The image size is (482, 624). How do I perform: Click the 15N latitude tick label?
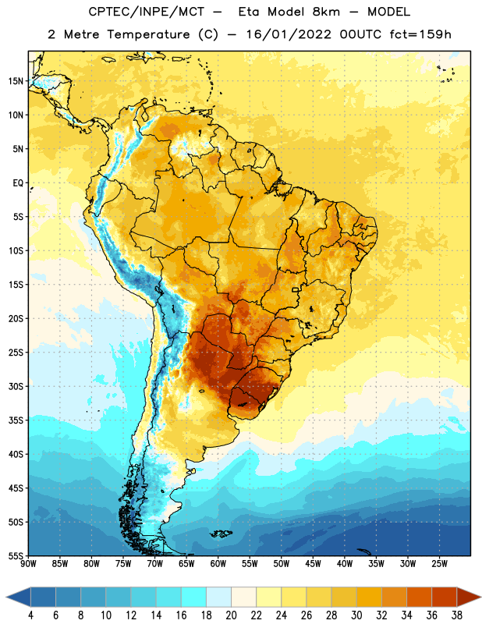[16, 81]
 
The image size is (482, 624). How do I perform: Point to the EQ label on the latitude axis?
[18, 183]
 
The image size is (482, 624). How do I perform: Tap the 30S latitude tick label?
[16, 386]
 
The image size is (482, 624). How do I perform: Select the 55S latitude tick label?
[16, 556]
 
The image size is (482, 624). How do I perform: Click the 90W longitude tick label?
[28, 564]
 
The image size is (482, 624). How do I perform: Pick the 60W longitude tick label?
[218, 564]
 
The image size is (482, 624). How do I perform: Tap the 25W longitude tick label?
[439, 564]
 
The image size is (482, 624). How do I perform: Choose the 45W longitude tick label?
[313, 564]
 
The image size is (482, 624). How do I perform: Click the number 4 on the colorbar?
[30, 615]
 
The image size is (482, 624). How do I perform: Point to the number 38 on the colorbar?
[457, 615]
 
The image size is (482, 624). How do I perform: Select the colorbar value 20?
[231, 615]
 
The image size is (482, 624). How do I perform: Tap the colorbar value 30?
[356, 615]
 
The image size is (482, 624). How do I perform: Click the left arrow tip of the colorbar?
[6, 597]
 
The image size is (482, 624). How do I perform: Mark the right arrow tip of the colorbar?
[480, 597]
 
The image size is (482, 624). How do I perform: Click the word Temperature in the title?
[148, 34]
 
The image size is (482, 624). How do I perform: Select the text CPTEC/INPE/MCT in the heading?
[146, 12]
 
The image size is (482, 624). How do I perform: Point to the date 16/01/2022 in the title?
[289, 34]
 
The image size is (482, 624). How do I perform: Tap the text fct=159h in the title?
[420, 34]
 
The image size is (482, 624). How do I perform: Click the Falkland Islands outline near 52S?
[221, 534]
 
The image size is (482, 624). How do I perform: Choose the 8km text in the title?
[326, 12]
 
